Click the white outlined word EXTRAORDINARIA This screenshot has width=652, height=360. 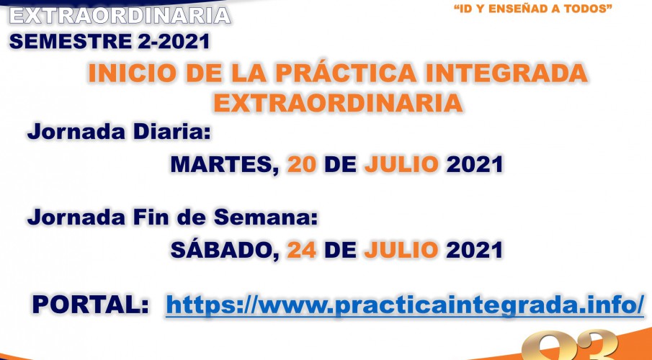point(120,15)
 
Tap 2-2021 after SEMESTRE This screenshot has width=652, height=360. point(174,42)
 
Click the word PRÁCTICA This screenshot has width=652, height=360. point(347,73)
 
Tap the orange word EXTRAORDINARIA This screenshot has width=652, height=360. point(338,103)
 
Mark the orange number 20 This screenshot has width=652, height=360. point(302,165)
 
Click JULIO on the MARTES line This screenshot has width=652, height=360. point(402,165)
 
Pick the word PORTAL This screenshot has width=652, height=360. point(91,305)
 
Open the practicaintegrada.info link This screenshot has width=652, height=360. point(405,305)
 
